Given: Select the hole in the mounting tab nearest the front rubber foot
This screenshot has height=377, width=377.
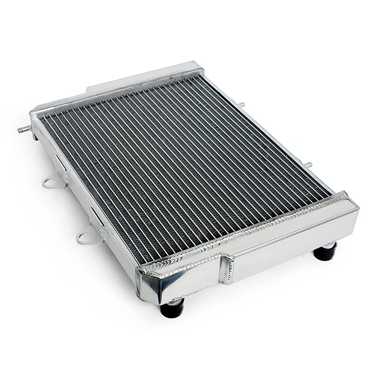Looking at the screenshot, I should click(x=84, y=237).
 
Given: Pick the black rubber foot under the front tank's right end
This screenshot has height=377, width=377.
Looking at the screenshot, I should click(x=325, y=251).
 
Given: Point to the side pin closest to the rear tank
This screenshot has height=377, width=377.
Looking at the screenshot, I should click(x=241, y=105).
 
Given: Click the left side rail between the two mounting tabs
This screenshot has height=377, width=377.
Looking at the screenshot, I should click(x=75, y=196).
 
